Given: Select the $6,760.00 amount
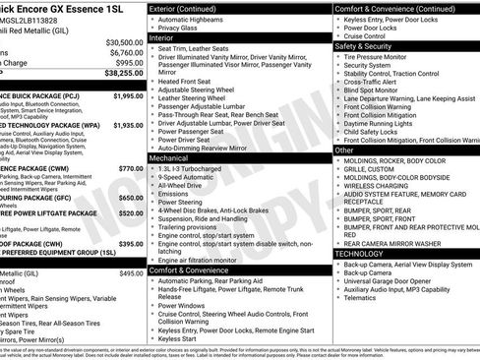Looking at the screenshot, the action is point(126,52).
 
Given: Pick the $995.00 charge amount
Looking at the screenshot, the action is point(128,62).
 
